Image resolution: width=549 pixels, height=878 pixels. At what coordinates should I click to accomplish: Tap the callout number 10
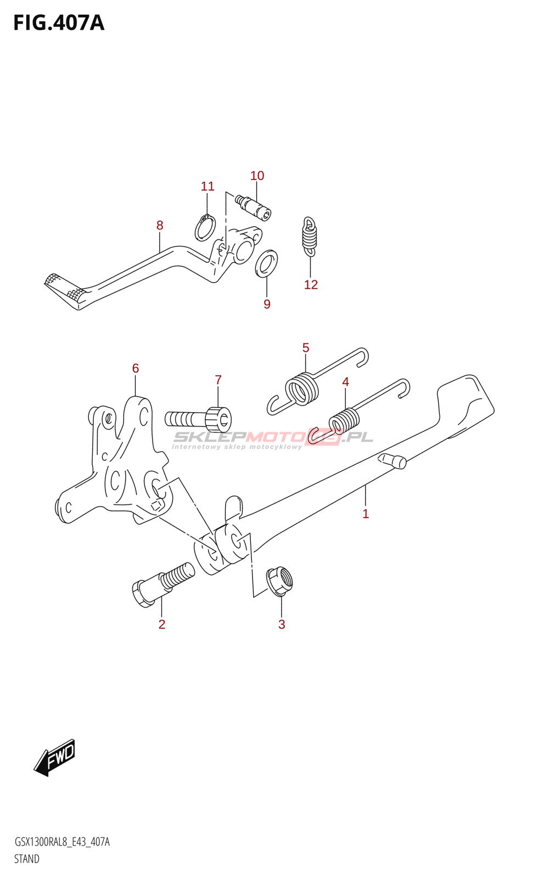tap(257, 176)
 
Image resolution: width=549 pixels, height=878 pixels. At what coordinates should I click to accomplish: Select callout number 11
tap(208, 187)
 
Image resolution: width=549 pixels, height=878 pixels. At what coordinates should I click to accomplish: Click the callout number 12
tap(311, 284)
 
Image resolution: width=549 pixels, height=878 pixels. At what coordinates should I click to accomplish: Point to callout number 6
tap(136, 368)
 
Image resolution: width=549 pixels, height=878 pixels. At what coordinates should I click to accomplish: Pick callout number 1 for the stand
tap(366, 514)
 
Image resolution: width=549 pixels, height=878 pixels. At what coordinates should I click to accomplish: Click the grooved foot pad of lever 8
tap(65, 288)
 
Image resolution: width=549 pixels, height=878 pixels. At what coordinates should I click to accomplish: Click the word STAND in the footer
tap(26, 859)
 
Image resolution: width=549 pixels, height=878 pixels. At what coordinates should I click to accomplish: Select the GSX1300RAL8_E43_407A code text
tap(61, 842)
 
